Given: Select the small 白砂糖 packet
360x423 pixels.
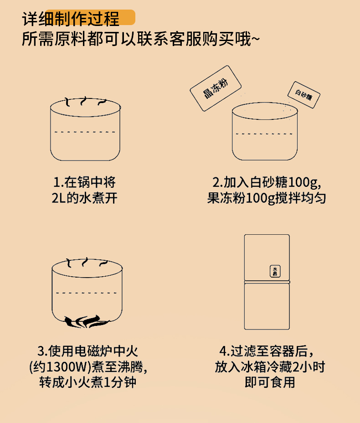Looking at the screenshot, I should click(x=303, y=95).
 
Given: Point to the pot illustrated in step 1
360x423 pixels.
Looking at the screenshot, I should click(x=85, y=132).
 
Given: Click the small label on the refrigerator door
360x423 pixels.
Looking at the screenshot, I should click(x=275, y=271).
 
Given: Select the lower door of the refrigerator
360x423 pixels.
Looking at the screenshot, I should click(x=267, y=306).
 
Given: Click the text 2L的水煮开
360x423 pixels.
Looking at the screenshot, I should click(x=85, y=199).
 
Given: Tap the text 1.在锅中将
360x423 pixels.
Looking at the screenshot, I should click(x=85, y=183).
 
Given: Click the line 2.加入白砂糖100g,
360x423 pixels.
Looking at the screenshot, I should click(x=267, y=183).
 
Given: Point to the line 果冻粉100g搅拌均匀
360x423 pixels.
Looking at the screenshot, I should click(x=267, y=199).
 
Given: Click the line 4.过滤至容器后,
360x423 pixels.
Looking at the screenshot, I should click(x=267, y=351).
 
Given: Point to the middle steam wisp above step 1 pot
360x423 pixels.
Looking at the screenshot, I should click(x=85, y=101).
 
